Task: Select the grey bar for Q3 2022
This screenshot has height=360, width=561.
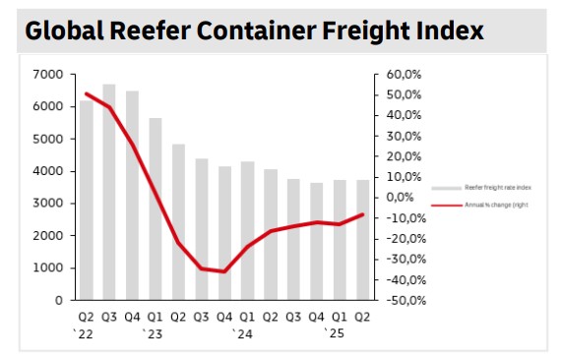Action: [109, 192]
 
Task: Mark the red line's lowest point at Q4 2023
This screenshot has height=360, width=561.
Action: [223, 271]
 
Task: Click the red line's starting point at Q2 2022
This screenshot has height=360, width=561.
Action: [87, 94]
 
